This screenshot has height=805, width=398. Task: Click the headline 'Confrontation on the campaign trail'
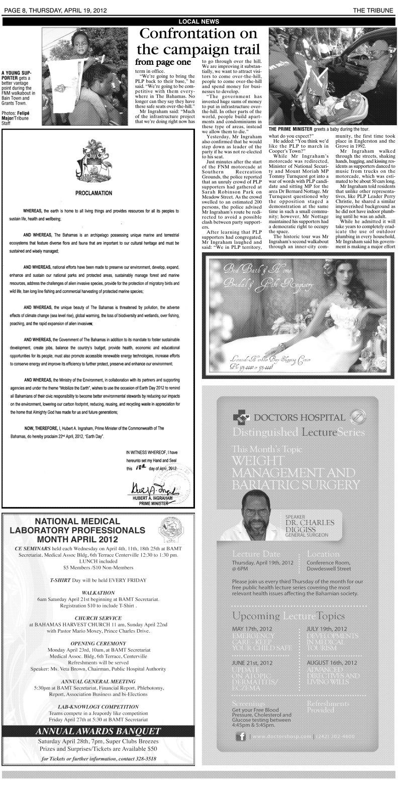(x=198, y=42)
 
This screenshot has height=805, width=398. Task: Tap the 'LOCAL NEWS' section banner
(x=198, y=21)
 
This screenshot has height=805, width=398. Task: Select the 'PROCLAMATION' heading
(x=94, y=193)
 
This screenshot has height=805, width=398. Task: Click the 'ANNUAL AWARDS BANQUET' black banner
(x=98, y=731)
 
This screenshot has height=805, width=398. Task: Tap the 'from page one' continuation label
(x=163, y=62)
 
